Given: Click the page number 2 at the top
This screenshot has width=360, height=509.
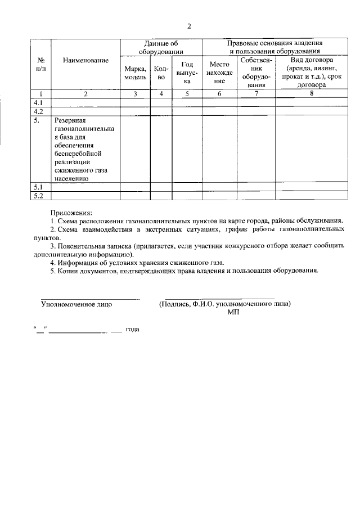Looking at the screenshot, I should click(x=189, y=26).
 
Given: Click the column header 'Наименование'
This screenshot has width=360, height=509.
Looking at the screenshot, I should click(x=85, y=60).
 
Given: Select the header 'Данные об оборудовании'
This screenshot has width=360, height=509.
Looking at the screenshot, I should click(x=161, y=47).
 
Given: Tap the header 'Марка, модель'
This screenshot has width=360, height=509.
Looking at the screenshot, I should click(x=135, y=73).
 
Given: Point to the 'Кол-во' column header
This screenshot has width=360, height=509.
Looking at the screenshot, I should click(x=161, y=73).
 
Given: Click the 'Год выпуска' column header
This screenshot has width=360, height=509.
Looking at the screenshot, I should click(x=187, y=73).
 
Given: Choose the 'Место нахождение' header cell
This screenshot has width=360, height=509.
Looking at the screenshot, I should click(x=219, y=73).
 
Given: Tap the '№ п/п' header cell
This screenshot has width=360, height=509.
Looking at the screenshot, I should click(x=41, y=64).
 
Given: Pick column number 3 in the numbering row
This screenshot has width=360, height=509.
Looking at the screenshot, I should click(x=135, y=94).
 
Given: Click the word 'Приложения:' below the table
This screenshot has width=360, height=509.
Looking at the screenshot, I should click(x=71, y=213).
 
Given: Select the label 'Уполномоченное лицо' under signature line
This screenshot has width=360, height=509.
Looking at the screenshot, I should click(x=76, y=304).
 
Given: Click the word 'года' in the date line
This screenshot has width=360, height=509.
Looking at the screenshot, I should click(x=133, y=329).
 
